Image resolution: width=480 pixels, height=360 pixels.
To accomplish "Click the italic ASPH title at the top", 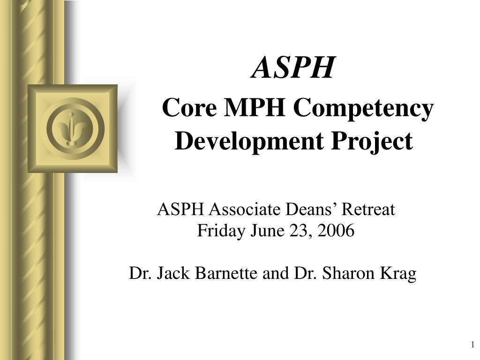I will [294, 67].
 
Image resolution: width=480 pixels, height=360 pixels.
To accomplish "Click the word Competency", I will [363, 110].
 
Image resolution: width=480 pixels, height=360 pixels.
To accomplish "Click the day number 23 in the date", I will [293, 231].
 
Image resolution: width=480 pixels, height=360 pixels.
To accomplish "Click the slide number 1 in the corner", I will [473, 345].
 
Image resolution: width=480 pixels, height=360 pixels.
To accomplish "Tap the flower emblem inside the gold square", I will [72, 128].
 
